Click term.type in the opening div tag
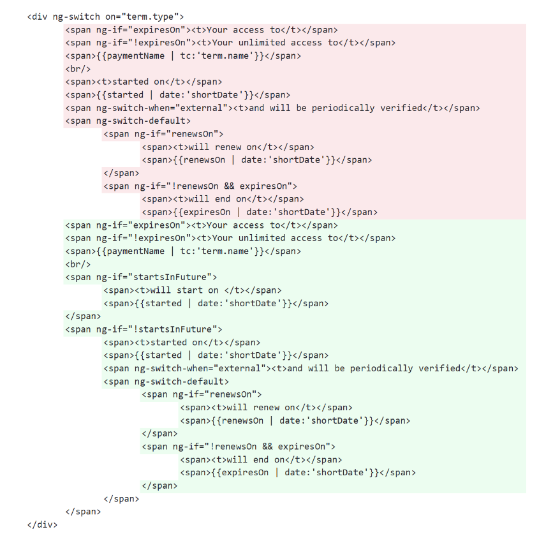(x=150, y=17)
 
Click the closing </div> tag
(x=42, y=525)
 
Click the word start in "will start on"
(x=189, y=290)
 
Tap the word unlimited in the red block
(x=262, y=43)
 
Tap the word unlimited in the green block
(x=262, y=238)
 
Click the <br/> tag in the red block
(x=78, y=69)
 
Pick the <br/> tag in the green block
(x=78, y=264)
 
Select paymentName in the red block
(x=135, y=56)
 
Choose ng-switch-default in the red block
(x=140, y=121)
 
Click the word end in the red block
(x=223, y=199)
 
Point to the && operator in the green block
(x=267, y=447)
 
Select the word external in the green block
(x=239, y=368)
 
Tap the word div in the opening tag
(x=40, y=17)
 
